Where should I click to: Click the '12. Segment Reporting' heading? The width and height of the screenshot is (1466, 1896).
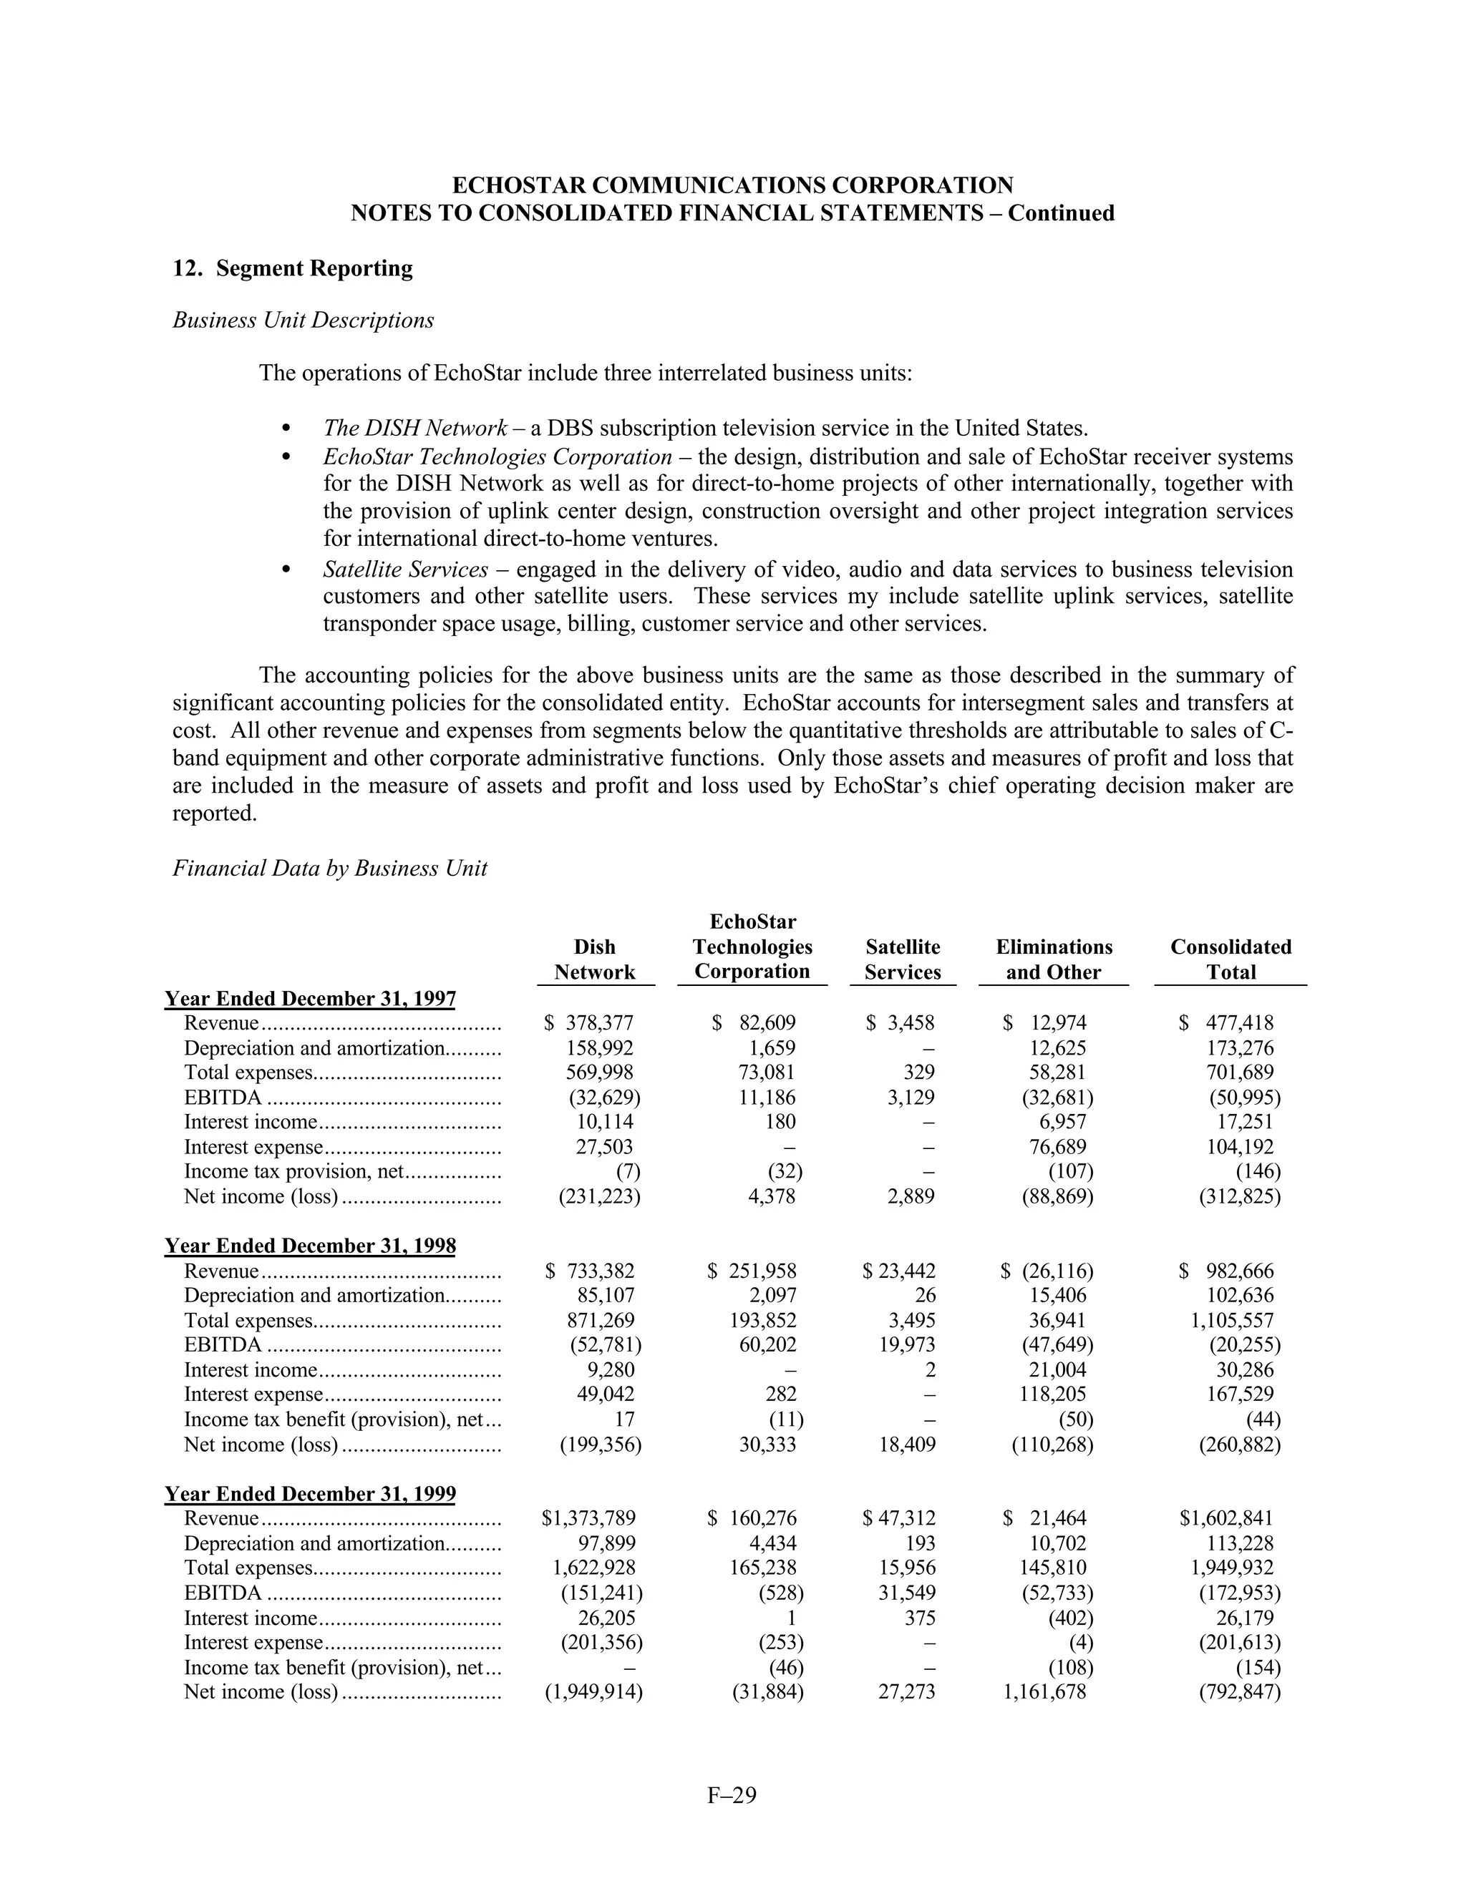(293, 268)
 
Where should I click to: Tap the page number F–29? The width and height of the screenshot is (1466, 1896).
(732, 1794)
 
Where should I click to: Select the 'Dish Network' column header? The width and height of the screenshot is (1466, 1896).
(595, 959)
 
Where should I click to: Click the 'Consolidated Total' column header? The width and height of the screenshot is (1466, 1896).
(1230, 959)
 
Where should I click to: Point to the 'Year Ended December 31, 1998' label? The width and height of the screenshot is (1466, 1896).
(310, 1246)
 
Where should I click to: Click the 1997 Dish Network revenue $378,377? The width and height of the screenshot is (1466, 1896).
(591, 1024)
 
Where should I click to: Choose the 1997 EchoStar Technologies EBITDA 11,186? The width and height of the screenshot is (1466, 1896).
(767, 1098)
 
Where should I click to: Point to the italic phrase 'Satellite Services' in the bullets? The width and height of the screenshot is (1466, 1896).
(404, 570)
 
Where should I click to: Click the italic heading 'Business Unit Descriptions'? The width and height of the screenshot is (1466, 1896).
(303, 321)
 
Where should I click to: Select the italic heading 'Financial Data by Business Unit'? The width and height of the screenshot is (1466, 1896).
(330, 868)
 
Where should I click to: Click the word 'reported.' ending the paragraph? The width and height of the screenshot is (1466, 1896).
(215, 813)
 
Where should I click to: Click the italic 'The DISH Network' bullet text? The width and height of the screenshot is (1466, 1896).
(414, 428)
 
